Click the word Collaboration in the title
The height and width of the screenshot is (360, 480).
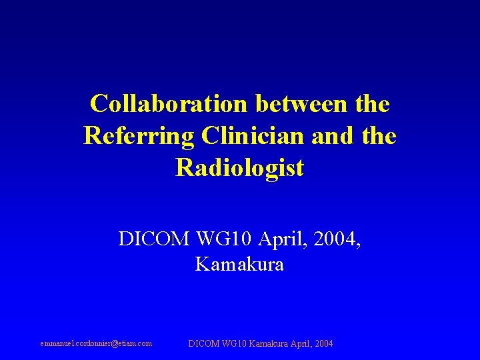coord(169,104)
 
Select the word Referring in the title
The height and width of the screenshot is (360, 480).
coord(137,136)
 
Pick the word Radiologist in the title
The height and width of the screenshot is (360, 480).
coord(240,168)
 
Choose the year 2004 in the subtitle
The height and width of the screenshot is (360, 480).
coord(337,239)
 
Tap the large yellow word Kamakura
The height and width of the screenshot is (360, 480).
coord(240,265)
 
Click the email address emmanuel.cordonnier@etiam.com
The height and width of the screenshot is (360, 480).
coord(96,344)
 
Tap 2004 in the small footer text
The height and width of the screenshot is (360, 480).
coord(324,344)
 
